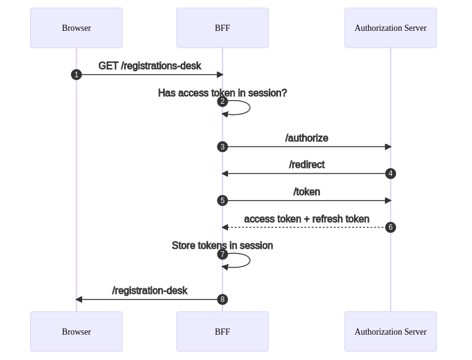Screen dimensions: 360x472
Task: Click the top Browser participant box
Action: pos(76,28)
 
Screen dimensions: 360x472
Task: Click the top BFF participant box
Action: pos(222,28)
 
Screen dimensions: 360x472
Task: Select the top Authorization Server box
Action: pos(390,28)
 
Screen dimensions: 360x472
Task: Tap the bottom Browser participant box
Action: pos(76,332)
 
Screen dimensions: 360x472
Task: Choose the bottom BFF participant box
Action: pos(222,332)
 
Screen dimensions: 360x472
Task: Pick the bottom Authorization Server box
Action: pos(390,332)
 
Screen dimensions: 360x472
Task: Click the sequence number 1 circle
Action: pos(77,75)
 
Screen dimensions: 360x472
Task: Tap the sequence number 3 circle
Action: pos(222,147)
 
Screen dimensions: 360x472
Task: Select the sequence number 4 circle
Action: pos(390,174)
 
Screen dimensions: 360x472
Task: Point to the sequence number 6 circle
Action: pos(390,227)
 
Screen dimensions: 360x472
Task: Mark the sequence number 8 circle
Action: pos(222,299)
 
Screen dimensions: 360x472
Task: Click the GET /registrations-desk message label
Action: pos(150,65)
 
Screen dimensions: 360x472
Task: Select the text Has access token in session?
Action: pos(222,93)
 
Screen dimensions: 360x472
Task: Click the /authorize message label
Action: pos(306,138)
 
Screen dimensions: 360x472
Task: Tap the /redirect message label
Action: pos(306,164)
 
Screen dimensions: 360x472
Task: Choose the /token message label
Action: pos(306,191)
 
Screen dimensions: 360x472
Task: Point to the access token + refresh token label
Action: pos(306,219)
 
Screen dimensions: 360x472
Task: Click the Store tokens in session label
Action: pos(222,245)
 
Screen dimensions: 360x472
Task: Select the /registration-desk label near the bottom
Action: pos(150,290)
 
